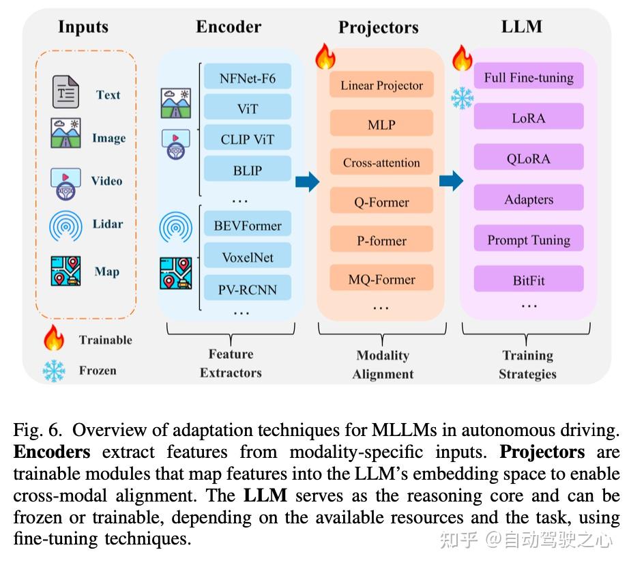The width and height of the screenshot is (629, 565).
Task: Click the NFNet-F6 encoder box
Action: [248, 77]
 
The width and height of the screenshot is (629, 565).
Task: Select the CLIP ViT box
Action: [248, 139]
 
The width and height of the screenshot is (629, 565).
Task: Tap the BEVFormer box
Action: [248, 225]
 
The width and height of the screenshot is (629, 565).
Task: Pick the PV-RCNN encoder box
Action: [248, 289]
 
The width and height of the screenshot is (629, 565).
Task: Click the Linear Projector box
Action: [381, 85]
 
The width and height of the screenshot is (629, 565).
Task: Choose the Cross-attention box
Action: [381, 163]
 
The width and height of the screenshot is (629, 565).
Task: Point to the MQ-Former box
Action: [381, 279]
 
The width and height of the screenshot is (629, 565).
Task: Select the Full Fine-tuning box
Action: [529, 77]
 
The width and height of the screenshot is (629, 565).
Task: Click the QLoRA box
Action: [529, 159]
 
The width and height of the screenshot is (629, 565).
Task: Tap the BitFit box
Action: [529, 280]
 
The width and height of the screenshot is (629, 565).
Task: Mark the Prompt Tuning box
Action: [529, 240]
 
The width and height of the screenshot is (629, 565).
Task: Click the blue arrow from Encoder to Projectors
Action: [307, 182]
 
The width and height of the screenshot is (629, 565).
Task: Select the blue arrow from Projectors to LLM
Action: [451, 182]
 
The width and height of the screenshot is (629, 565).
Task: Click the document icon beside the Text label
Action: [66, 93]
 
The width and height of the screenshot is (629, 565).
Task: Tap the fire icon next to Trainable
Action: [54, 338]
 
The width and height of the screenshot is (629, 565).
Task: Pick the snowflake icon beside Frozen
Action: [54, 371]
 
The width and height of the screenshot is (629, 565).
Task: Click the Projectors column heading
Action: [378, 27]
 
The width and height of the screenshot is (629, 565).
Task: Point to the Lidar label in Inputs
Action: [107, 224]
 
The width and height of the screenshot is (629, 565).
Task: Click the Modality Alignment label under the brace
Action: [383, 364]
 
